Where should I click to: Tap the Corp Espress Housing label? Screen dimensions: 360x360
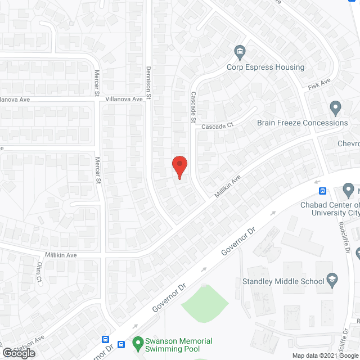265,67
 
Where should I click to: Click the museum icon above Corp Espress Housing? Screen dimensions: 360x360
240,52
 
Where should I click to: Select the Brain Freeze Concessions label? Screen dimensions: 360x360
303,123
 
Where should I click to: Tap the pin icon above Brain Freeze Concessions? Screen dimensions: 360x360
335,107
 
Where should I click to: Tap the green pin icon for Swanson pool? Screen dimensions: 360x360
137,341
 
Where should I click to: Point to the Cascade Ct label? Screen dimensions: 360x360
217,127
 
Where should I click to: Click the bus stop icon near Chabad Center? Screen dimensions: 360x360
323,190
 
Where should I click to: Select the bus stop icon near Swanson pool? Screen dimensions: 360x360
105,340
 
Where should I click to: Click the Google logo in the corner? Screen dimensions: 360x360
18,353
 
